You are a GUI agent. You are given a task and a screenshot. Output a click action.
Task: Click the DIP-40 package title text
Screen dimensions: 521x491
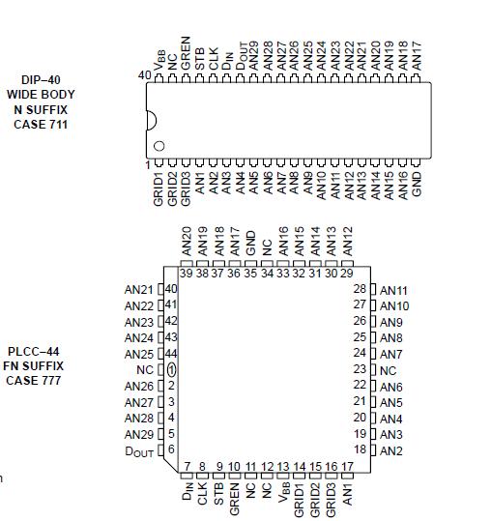(40, 80)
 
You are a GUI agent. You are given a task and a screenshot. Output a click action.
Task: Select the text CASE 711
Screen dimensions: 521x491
(40, 124)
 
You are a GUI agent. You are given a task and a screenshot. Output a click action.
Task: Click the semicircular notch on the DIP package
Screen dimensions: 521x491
(151, 120)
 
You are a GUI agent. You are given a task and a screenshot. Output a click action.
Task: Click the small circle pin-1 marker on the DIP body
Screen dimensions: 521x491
(159, 146)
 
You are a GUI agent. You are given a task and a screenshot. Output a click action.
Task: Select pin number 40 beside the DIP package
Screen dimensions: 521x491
(144, 75)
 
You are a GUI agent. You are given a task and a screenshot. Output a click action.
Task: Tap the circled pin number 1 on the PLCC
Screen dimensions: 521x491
(171, 370)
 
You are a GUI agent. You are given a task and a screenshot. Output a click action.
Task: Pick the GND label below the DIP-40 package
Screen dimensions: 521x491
(418, 185)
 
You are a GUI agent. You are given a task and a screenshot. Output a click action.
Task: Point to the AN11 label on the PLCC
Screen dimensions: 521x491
(394, 290)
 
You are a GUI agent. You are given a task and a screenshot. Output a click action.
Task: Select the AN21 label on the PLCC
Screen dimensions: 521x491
(139, 290)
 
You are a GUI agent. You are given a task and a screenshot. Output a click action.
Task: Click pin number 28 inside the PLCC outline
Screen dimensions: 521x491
(360, 289)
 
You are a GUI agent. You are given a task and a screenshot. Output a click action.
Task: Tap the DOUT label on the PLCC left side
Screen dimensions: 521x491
(139, 450)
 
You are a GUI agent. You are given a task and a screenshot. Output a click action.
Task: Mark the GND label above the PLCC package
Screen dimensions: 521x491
(251, 243)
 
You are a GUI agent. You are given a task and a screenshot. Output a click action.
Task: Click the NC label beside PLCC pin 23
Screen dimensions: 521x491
(389, 370)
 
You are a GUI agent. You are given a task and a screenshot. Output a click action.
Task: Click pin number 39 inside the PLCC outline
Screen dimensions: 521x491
(187, 274)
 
